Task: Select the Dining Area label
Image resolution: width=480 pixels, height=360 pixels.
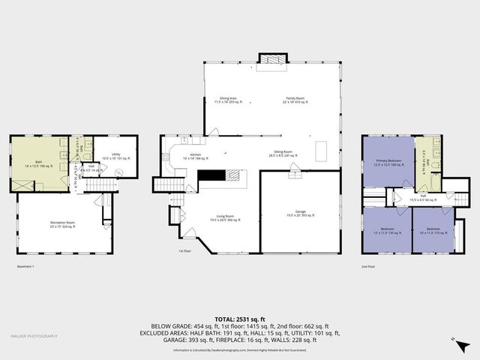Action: point(229,99)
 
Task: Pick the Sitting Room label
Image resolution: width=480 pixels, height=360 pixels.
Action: point(284,154)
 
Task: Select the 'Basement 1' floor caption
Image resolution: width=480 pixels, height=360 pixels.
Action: point(25,266)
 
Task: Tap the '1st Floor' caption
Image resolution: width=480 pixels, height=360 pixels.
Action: point(184,251)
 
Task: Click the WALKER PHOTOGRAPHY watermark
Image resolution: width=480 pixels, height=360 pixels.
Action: point(33,335)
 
